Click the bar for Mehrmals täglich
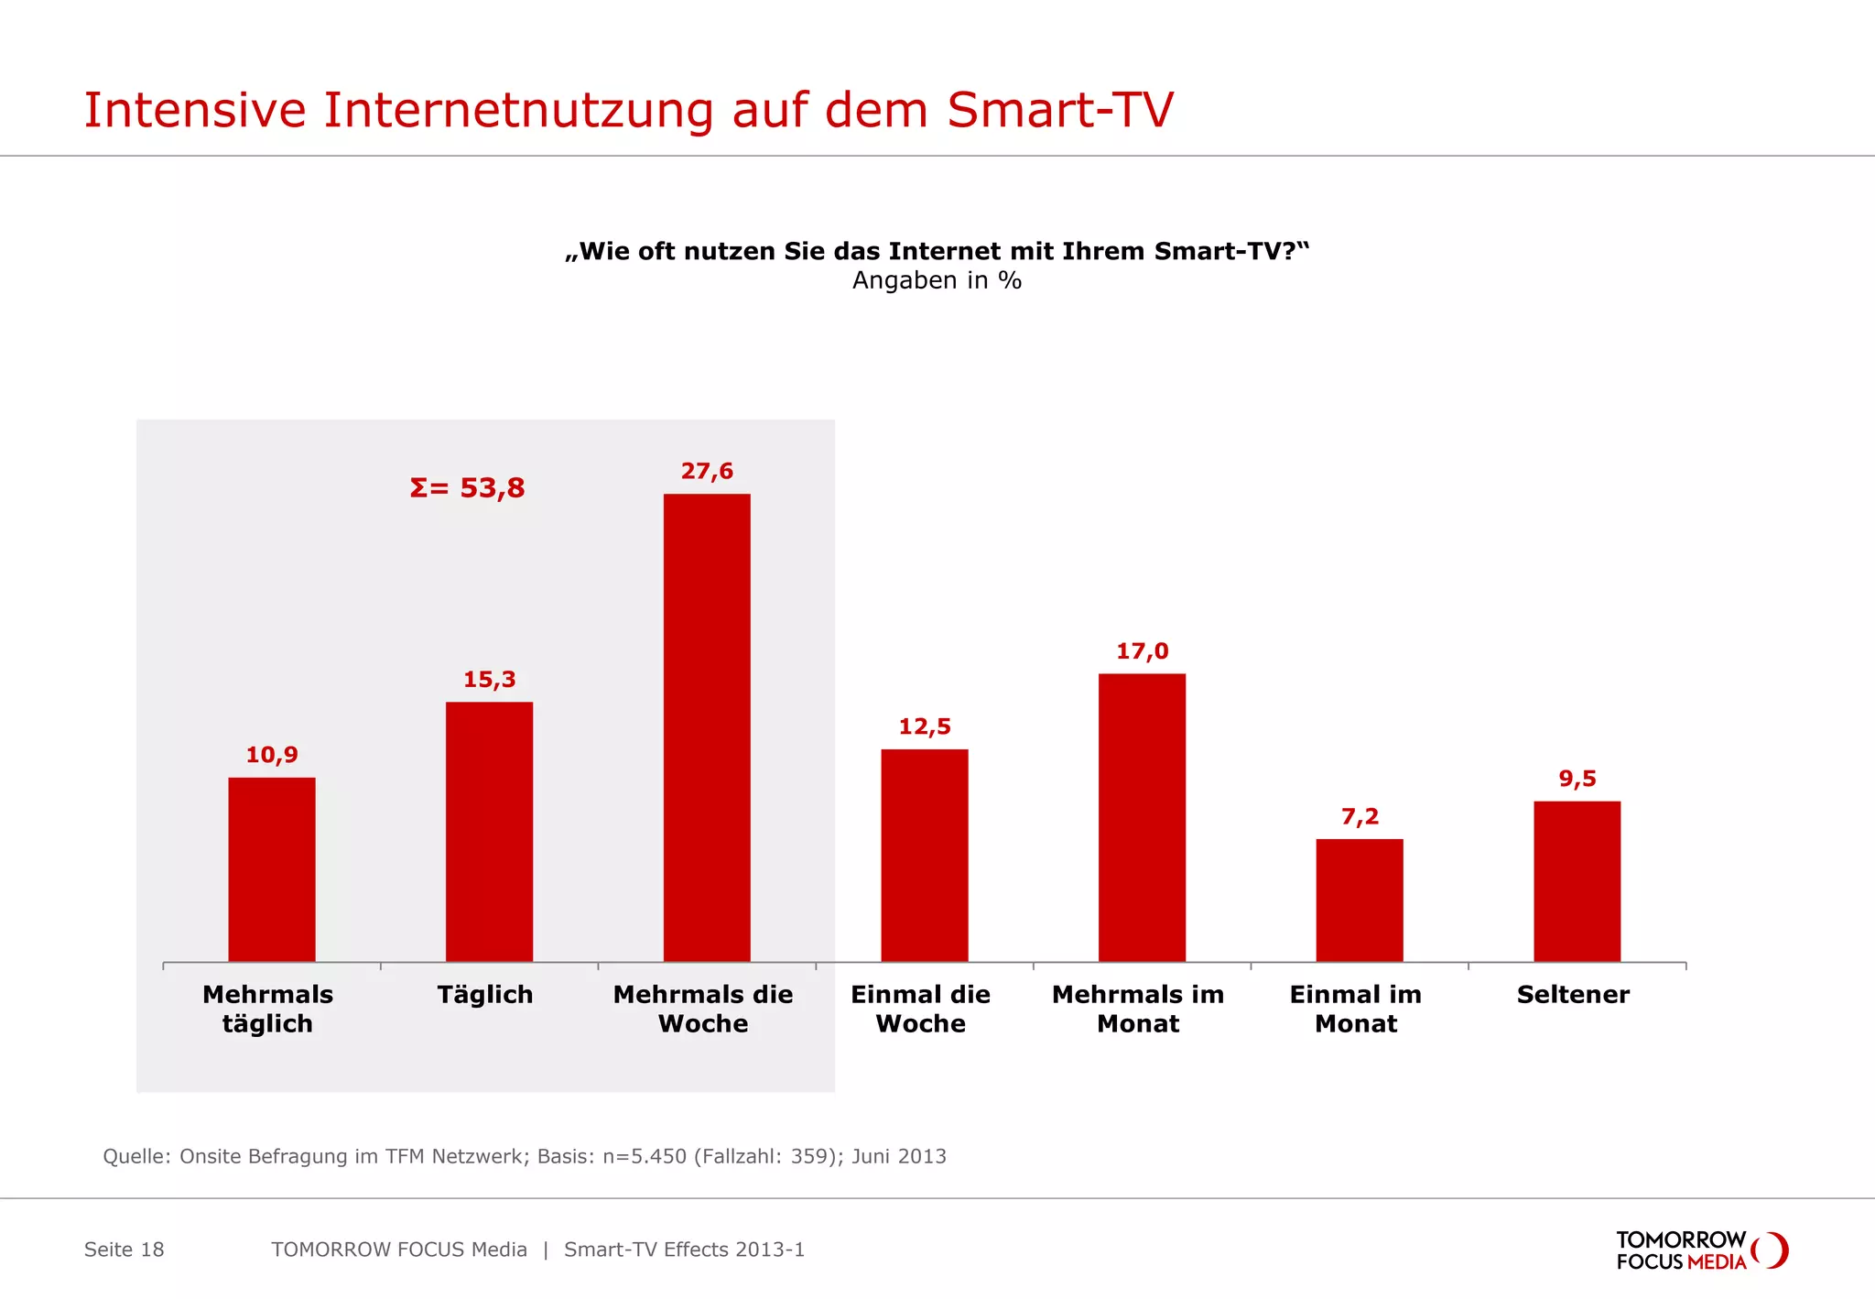click(271, 869)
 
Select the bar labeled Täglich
click(489, 831)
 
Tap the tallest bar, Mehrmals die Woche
click(707, 727)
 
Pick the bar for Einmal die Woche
click(924, 855)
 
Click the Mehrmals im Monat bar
click(1142, 817)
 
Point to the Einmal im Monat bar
click(1359, 900)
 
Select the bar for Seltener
click(1577, 881)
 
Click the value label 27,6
click(707, 471)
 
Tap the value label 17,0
click(1142, 651)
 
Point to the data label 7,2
click(1360, 816)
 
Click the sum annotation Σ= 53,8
click(467, 487)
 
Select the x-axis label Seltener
click(1573, 995)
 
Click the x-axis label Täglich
click(485, 995)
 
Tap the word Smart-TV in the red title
click(1059, 110)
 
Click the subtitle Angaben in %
click(937, 280)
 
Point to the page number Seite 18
click(125, 1250)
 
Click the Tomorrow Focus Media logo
click(1701, 1250)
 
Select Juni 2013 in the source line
click(899, 1156)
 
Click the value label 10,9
click(272, 755)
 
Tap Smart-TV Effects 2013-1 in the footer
click(684, 1250)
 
